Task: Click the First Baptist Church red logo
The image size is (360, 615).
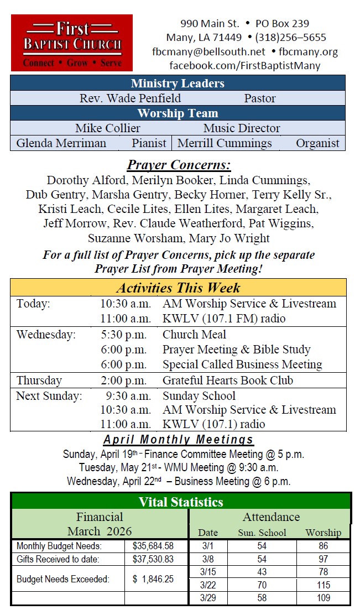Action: point(72,43)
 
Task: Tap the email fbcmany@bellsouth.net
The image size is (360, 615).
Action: point(208,52)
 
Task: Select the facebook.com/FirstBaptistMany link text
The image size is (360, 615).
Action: point(244,66)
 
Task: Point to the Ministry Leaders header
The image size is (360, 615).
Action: point(178,84)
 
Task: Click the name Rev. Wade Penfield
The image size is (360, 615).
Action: point(130,98)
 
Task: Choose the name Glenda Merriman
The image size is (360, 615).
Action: point(61,143)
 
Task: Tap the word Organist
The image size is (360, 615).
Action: point(317,143)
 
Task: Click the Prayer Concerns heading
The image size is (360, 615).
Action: point(179,165)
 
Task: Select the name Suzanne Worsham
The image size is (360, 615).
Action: point(135,238)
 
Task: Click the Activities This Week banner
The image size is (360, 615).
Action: point(178,288)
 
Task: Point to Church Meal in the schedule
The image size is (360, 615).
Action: point(194,335)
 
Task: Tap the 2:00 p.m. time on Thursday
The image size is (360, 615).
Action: point(123,381)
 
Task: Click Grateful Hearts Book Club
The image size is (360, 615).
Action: point(228,381)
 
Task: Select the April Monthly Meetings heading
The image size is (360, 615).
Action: point(178,440)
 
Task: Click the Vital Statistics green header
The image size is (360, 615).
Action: point(181,502)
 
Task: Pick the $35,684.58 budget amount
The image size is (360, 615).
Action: point(153,546)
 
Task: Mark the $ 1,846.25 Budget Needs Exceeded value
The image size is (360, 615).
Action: point(153,579)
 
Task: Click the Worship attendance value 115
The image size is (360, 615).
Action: point(324,585)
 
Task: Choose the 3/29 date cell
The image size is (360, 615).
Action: point(208,598)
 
